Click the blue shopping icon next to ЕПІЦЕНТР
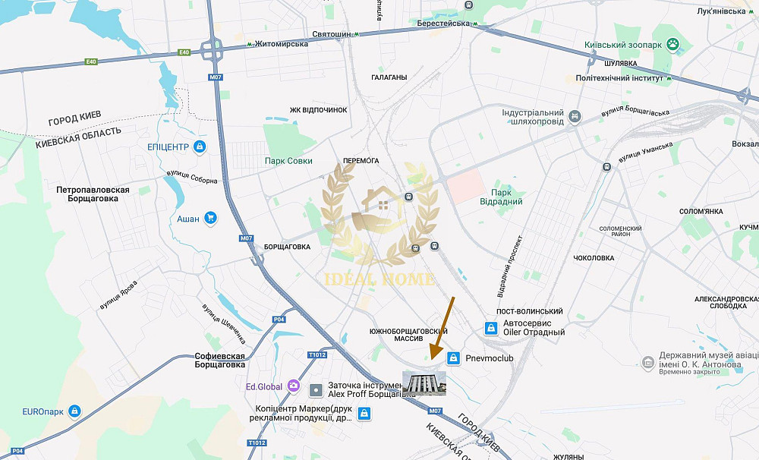point(200,147)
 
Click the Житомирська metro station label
point(282,44)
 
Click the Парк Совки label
point(288,161)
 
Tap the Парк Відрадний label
point(501,197)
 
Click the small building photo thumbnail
point(424,383)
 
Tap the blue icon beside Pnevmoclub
point(454,358)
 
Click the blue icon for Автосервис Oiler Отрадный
point(491,327)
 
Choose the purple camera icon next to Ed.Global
point(293,386)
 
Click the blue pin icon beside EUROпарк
point(74,411)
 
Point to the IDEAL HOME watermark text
point(380,279)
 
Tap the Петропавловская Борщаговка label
point(93,194)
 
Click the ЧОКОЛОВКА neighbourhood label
point(594,258)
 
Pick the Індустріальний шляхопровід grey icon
point(576,117)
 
